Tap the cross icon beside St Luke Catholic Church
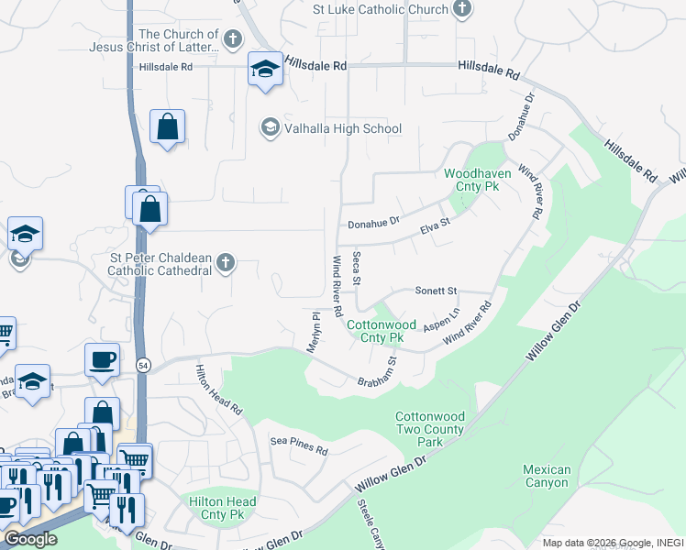[x=462, y=10]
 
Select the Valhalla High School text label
[x=344, y=128]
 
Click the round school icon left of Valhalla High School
[x=270, y=127]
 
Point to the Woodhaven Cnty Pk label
[x=471, y=179]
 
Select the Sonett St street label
[x=436, y=291]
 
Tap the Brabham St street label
[x=377, y=371]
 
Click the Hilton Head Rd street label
[x=217, y=390]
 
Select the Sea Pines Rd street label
[x=299, y=446]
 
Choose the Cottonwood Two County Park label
[x=429, y=429]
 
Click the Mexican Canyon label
[x=547, y=476]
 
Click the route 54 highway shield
[x=143, y=366]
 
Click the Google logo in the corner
[x=29, y=539]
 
